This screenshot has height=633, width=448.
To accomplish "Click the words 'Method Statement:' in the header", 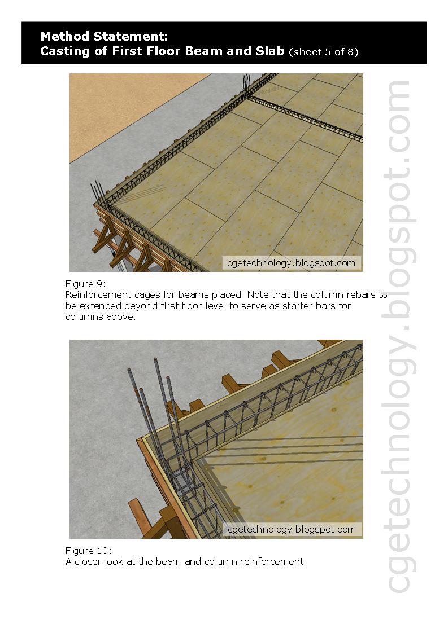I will tap(104, 37).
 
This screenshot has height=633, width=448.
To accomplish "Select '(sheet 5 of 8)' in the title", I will tap(323, 52).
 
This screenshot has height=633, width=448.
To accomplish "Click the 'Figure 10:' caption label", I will tap(89, 551).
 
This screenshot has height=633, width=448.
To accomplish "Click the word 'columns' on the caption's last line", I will tap(84, 317).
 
